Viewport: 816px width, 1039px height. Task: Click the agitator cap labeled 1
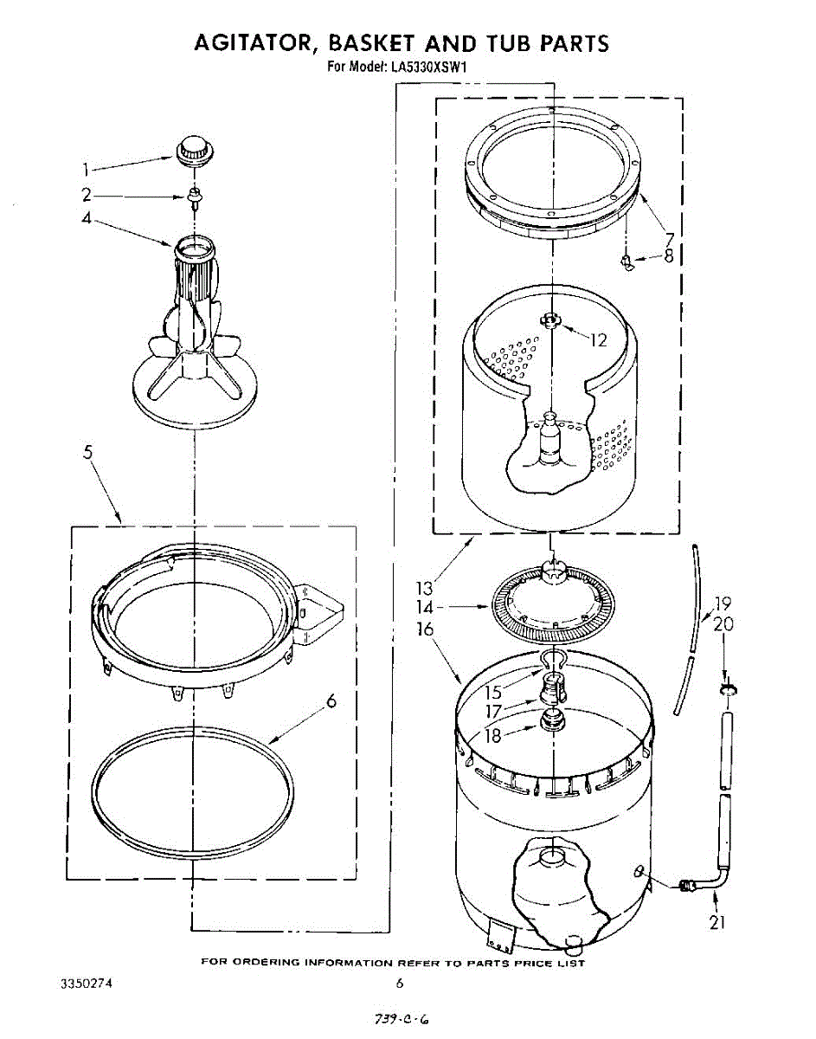193,148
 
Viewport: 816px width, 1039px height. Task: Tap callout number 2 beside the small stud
87,196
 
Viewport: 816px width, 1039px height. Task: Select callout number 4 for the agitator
87,219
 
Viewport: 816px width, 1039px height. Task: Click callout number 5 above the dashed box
88,452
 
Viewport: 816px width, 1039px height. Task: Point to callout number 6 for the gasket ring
331,702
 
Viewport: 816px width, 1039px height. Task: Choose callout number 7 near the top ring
669,238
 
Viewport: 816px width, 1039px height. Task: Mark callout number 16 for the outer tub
425,629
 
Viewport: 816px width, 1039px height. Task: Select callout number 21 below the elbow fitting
716,923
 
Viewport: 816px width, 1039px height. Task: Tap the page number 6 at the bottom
400,983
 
